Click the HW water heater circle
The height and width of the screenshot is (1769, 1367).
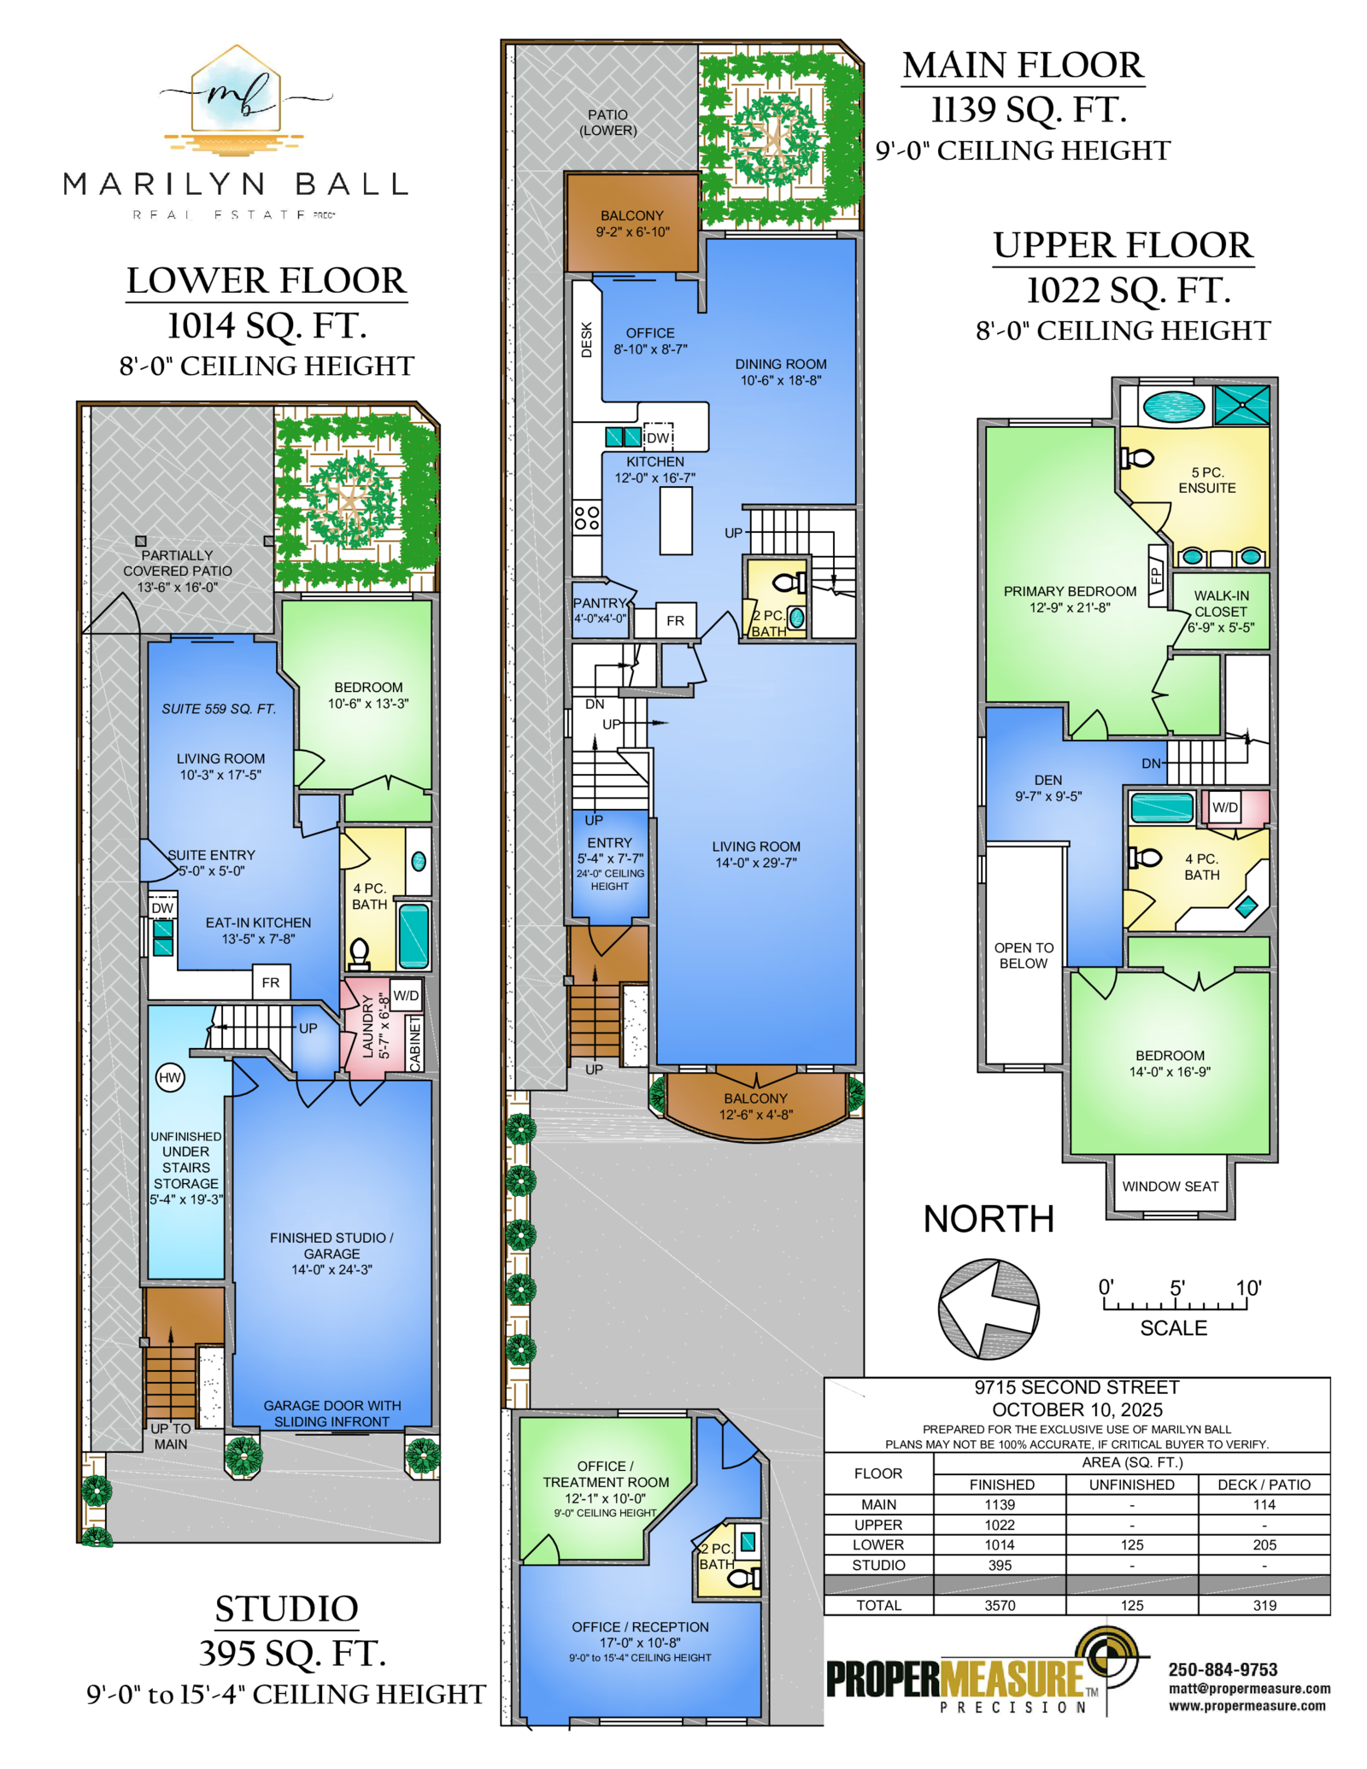(170, 1077)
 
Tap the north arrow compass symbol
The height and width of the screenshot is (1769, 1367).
(989, 1308)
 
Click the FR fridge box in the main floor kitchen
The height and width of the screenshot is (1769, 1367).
(675, 620)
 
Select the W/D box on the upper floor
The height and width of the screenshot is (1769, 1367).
(1225, 807)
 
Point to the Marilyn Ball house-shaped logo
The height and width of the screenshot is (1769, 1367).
(235, 100)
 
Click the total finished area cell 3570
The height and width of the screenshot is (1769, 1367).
(1000, 1605)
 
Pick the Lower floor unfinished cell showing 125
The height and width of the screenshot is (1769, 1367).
(1132, 1544)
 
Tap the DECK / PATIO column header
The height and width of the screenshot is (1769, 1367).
(1264, 1485)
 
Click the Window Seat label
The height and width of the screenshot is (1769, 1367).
(1170, 1186)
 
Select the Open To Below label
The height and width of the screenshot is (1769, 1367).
(1024, 955)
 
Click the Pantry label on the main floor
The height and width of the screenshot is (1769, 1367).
(600, 603)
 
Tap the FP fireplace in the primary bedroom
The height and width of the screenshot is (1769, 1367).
(1158, 575)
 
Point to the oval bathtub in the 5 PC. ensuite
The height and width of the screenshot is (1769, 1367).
(1174, 406)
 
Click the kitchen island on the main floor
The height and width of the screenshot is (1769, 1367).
(676, 520)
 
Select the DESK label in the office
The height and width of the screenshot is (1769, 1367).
(586, 339)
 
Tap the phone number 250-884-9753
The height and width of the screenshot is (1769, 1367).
(1223, 1669)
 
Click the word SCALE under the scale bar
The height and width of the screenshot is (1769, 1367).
(1173, 1327)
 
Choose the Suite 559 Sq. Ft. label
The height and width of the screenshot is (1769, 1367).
(219, 708)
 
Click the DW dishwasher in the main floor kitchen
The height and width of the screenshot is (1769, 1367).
(658, 437)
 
